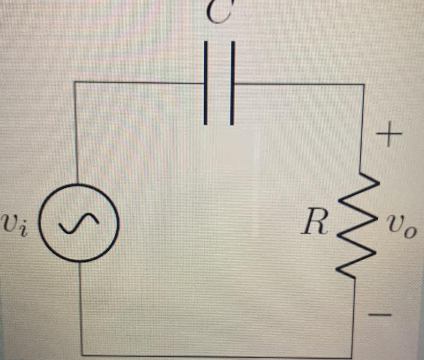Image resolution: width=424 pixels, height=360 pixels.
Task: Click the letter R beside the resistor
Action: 316,223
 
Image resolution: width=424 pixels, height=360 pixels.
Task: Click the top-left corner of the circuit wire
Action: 75,82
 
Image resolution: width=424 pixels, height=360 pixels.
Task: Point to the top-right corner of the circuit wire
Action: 363,85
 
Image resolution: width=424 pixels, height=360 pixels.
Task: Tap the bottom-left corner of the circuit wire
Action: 81,354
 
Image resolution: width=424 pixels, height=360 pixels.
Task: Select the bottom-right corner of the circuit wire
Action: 351,355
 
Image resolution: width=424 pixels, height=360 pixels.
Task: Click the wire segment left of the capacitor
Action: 139,82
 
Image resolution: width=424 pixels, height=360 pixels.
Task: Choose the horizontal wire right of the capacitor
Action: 297,84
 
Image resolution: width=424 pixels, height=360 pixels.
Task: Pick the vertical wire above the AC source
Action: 75,133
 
